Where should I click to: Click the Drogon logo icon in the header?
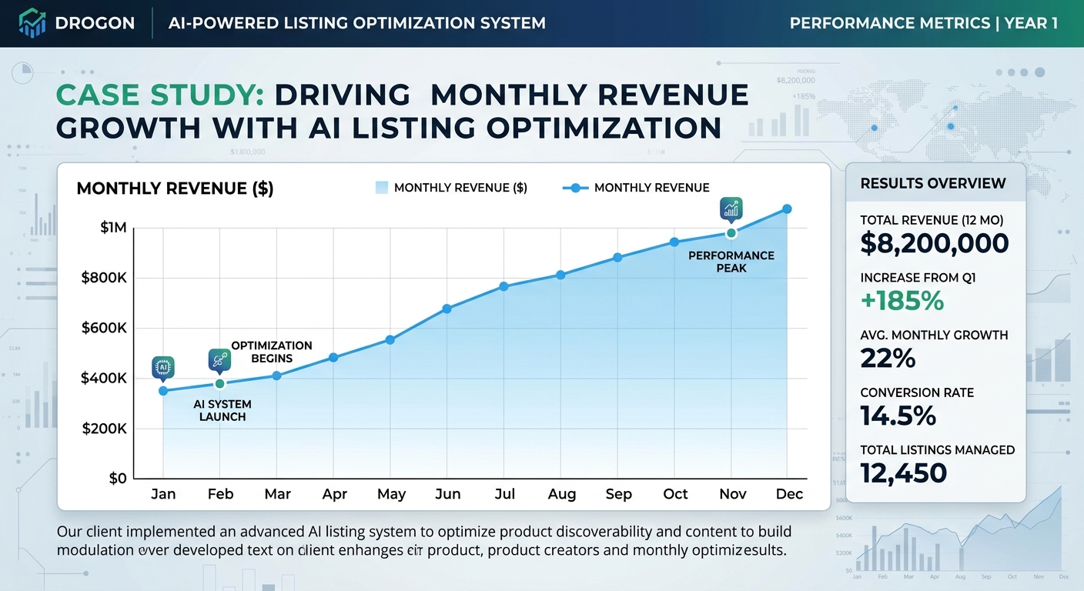tap(31, 23)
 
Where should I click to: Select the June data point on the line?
tap(447, 309)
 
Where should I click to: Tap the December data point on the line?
tap(787, 209)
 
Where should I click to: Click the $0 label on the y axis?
tap(117, 478)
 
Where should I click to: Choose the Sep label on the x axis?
tap(618, 494)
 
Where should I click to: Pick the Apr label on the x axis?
tap(334, 494)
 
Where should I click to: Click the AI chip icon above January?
tap(163, 367)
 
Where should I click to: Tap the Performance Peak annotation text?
tap(731, 262)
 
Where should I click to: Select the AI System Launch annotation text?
tap(222, 410)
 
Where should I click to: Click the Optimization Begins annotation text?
tap(272, 352)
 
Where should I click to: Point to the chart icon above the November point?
tap(731, 209)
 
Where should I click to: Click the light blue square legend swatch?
tap(382, 187)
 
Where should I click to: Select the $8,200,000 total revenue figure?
tap(934, 243)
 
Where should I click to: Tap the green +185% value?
tap(902, 301)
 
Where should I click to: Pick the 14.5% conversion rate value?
tap(898, 416)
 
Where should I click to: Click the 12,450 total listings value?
tap(903, 472)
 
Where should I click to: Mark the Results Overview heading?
tap(933, 183)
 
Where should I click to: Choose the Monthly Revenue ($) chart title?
tap(175, 189)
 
